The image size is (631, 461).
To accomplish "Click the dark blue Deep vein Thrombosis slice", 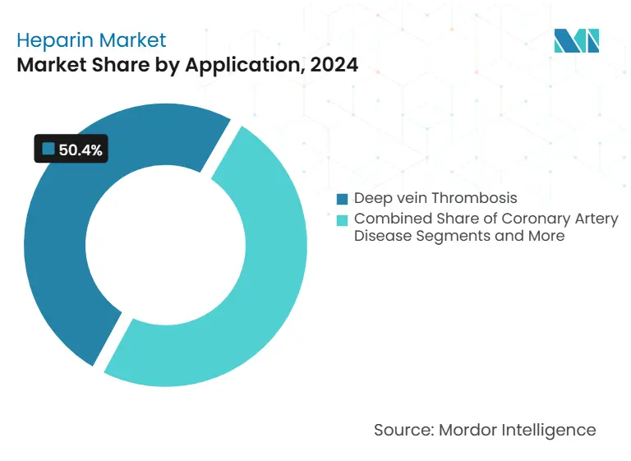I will [58, 247].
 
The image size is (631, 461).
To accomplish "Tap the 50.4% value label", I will [81, 150].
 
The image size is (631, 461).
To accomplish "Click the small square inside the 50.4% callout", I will [48, 149].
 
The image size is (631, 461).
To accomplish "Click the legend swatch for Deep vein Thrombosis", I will [343, 199].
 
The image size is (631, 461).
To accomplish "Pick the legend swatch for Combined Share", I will [343, 219].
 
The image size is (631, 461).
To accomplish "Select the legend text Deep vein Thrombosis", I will [435, 199].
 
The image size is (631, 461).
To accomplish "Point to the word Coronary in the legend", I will [518, 219].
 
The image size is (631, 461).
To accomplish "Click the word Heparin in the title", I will [53, 39].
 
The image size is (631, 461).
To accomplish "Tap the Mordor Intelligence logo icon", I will [576, 40].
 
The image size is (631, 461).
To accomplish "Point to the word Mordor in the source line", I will [467, 429].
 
